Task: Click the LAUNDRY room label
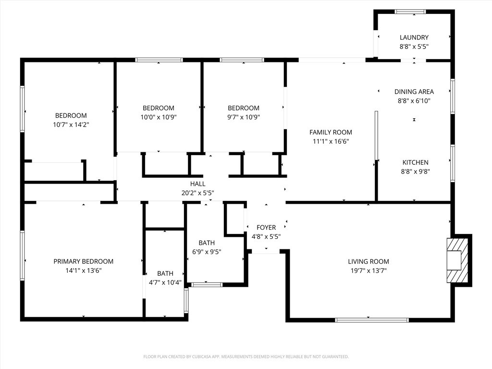(x=414, y=37)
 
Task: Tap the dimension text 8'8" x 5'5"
(x=414, y=47)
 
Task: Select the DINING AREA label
(x=414, y=92)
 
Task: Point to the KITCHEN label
(x=415, y=162)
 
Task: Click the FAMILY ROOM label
(x=331, y=132)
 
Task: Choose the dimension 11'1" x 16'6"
(x=331, y=141)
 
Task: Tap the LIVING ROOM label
(x=369, y=261)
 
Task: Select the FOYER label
(x=266, y=227)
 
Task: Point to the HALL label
(x=197, y=184)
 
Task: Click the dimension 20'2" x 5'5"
(x=197, y=193)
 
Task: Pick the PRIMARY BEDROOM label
(x=84, y=261)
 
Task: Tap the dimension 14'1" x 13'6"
(x=84, y=271)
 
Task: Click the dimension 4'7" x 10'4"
(x=165, y=282)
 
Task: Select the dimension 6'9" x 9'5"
(x=207, y=252)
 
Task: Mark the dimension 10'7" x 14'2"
(x=71, y=124)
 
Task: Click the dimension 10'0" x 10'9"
(x=158, y=117)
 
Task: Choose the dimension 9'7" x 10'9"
(x=243, y=117)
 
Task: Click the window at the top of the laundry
(x=410, y=12)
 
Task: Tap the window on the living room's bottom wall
(x=372, y=320)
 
